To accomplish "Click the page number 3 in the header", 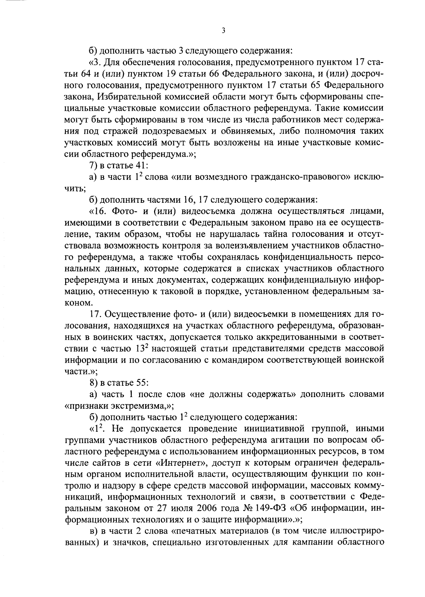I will pyautogui.click(x=223, y=31).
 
